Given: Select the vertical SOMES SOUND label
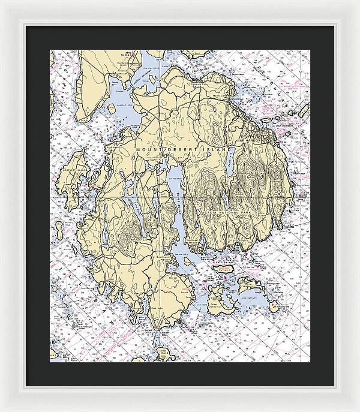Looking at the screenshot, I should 178,207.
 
